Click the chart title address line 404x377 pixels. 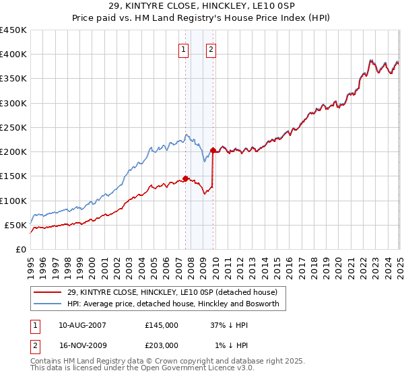201,7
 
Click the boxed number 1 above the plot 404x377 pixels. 183,48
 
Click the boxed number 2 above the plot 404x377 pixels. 211,48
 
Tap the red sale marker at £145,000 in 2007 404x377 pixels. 185,178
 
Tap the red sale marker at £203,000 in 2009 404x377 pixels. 213,150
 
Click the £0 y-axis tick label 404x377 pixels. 20,249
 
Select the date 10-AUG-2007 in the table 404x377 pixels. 83,325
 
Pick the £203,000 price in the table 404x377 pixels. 162,345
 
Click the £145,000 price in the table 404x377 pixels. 162,325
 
